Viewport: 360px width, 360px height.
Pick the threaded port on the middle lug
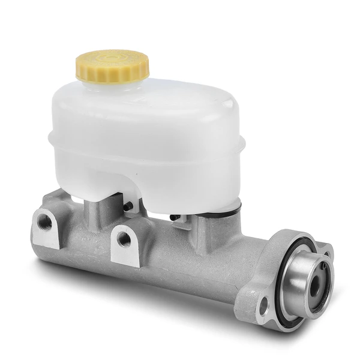point(124,239)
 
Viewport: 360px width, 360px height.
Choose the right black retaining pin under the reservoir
point(173,217)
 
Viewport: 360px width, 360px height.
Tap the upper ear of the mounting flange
point(324,247)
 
